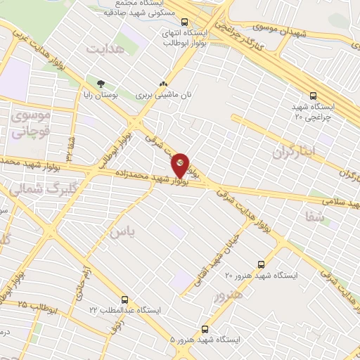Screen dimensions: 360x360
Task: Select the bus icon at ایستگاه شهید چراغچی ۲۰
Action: (x=314, y=96)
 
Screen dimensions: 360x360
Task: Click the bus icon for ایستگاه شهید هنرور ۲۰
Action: (x=262, y=264)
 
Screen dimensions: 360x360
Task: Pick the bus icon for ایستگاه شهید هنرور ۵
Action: (x=205, y=328)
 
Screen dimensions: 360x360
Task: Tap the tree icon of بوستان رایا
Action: (x=91, y=82)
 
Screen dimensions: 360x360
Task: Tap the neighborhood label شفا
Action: (x=315, y=217)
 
